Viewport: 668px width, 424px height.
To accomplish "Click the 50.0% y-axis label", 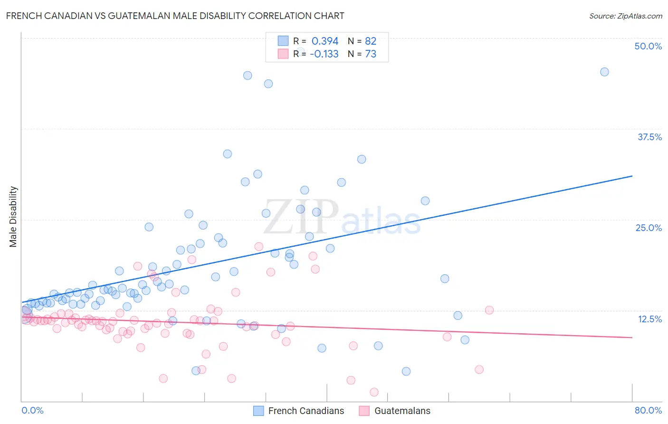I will [648, 46].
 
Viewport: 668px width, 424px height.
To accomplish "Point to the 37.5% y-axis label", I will [649, 137].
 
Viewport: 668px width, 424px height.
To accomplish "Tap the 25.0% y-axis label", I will [649, 228].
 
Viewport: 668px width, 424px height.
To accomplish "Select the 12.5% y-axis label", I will [649, 319].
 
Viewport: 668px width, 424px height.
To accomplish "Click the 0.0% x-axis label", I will [32, 410].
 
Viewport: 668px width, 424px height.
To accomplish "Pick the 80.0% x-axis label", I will [648, 410].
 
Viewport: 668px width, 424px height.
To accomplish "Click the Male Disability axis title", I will [13, 216].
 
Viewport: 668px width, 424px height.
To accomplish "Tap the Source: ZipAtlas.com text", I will [625, 16].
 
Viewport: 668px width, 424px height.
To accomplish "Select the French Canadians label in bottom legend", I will [306, 411].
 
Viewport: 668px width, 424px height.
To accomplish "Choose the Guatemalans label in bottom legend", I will [402, 411].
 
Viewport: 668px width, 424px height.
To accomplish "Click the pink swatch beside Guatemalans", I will [364, 411].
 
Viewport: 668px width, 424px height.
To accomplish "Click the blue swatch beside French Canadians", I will [258, 411].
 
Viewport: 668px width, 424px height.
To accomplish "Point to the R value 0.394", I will [325, 41].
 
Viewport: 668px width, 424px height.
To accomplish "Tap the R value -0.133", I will [324, 54].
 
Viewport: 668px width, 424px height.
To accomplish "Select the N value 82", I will [371, 41].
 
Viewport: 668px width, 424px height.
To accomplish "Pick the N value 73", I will [371, 54].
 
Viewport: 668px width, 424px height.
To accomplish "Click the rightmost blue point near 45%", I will [604, 72].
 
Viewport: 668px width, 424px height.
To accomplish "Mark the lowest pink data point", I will [374, 392].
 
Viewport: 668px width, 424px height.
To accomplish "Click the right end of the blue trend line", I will [632, 176].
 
